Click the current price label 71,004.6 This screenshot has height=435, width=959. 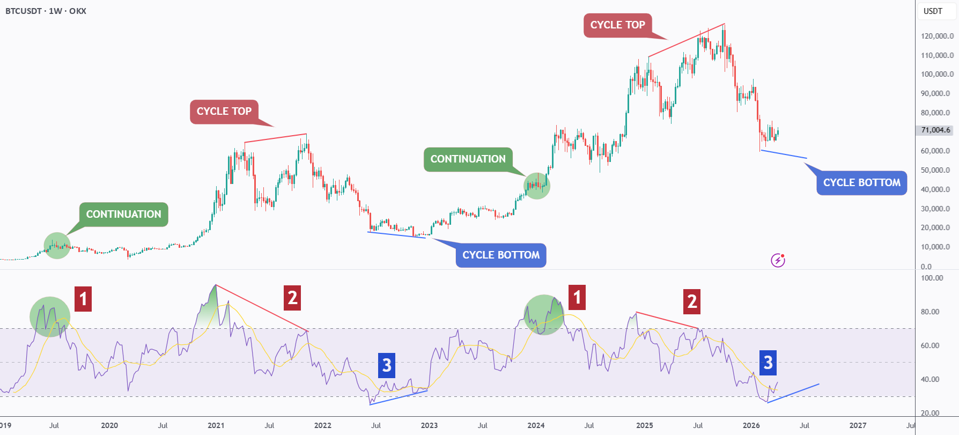935,130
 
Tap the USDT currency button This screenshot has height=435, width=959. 933,11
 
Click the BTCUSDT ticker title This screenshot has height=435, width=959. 24,11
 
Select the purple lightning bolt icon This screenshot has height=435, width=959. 778,260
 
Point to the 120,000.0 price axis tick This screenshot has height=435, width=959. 938,36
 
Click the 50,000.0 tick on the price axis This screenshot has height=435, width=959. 938,170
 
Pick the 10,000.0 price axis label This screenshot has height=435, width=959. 938,247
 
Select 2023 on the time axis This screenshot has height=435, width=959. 429,425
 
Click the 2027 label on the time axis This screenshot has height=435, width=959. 858,425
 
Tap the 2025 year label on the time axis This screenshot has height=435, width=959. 645,425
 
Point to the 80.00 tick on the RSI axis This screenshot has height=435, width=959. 930,312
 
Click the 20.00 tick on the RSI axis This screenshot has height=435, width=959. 930,413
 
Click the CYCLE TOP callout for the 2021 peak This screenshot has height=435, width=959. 224,112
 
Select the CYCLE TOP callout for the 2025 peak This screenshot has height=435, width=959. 618,25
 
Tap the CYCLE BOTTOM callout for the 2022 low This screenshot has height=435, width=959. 501,255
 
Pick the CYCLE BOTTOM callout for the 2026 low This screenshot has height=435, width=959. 862,183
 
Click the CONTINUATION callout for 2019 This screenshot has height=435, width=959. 124,215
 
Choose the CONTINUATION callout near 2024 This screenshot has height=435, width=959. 468,159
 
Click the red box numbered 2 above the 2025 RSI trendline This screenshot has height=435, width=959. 692,301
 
